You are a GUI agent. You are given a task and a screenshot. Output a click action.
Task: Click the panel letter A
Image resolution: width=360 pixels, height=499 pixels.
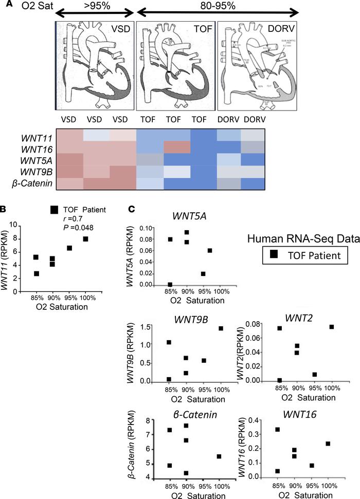point(5,5)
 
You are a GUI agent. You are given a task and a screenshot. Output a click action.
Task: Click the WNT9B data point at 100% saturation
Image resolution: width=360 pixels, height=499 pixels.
point(221,328)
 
